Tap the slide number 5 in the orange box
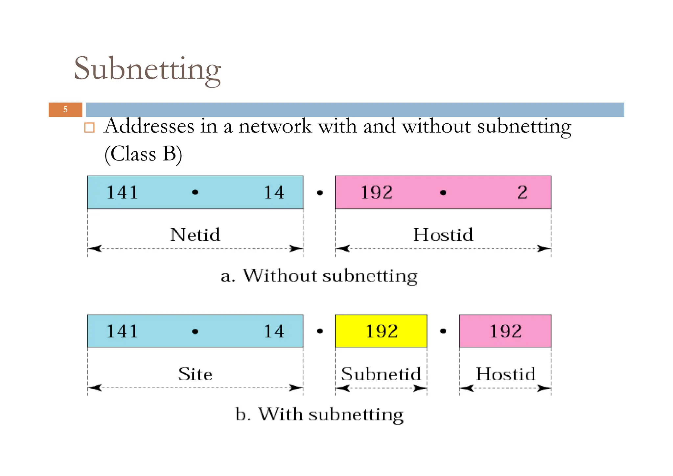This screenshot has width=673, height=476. [65, 110]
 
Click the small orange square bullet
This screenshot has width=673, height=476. [89, 128]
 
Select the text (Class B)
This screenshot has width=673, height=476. [143, 154]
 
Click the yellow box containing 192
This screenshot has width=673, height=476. [381, 331]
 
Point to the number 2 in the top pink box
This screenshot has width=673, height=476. [522, 192]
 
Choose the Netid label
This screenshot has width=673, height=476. [195, 235]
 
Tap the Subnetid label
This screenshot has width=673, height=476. [381, 374]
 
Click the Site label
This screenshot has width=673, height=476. [195, 374]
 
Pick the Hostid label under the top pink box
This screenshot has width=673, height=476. [443, 235]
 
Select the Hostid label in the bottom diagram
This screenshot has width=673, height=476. [505, 374]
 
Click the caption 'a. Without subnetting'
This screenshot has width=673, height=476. [319, 276]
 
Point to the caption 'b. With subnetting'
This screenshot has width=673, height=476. [319, 414]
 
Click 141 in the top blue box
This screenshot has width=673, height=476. [122, 192]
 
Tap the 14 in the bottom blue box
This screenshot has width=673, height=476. [274, 331]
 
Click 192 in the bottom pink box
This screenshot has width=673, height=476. [505, 331]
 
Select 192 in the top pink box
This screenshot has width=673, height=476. [377, 192]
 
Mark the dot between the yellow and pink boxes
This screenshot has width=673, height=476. [443, 331]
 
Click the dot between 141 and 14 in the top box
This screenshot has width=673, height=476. [195, 192]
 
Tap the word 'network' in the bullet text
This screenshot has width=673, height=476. [275, 126]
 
